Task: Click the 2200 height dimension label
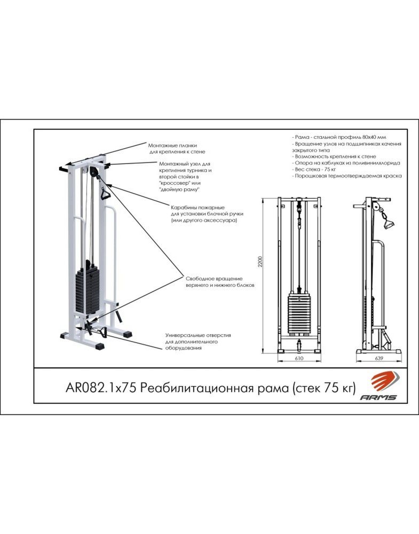pyautogui.click(x=260, y=261)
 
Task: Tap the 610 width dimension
pyautogui.click(x=299, y=358)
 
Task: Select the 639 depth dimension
pyautogui.click(x=378, y=358)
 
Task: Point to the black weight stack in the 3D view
pyautogui.click(x=87, y=290)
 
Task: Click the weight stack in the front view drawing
pyautogui.click(x=299, y=315)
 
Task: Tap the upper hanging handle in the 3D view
pyautogui.click(x=104, y=193)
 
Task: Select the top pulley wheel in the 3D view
pyautogui.click(x=94, y=171)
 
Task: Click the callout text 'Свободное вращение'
pyautogui.click(x=214, y=279)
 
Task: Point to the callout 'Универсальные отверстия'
pyautogui.click(x=198, y=335)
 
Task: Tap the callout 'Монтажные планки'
pyautogui.click(x=172, y=145)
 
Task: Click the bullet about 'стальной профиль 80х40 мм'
pyautogui.click(x=339, y=137)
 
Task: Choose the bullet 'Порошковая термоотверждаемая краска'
pyautogui.click(x=347, y=176)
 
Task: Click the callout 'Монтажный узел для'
pyautogui.click(x=185, y=164)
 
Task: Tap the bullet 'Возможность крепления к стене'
pyautogui.click(x=334, y=156)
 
